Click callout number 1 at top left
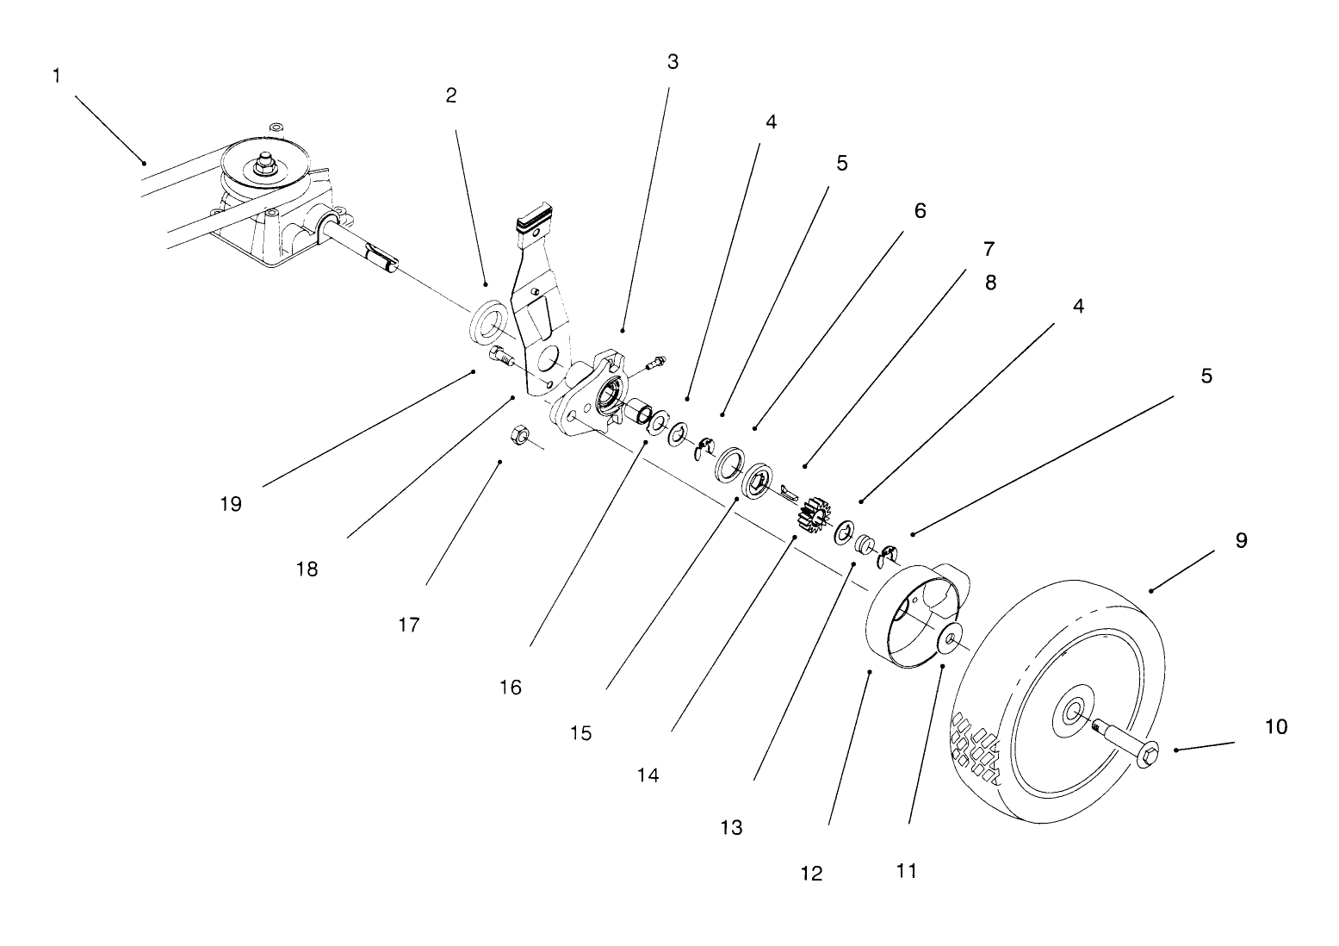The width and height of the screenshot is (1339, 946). pyautogui.click(x=57, y=76)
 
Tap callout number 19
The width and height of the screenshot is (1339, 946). pyautogui.click(x=230, y=504)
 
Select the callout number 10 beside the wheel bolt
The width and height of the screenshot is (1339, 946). pyautogui.click(x=1275, y=726)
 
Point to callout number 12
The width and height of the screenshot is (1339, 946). pyautogui.click(x=811, y=873)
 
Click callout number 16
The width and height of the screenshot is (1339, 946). pyautogui.click(x=510, y=687)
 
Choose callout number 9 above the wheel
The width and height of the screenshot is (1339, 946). pyautogui.click(x=1241, y=540)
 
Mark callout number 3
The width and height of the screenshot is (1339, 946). pyautogui.click(x=673, y=61)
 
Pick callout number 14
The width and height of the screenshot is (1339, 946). pyautogui.click(x=648, y=775)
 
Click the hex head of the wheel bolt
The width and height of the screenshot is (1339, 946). pyautogui.click(x=1147, y=757)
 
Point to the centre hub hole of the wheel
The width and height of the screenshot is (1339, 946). pyautogui.click(x=1072, y=712)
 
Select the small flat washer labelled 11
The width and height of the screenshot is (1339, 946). pyautogui.click(x=951, y=640)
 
